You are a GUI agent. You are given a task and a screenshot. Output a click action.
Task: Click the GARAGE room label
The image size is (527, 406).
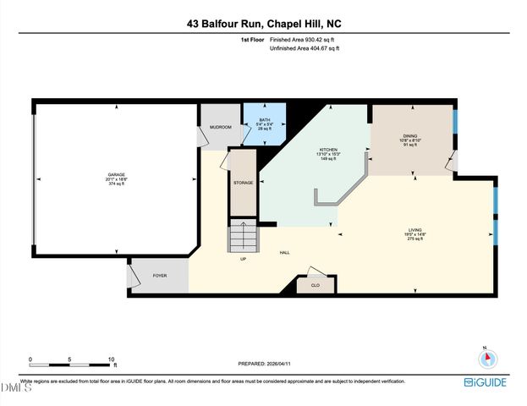pyautogui.click(x=116, y=175)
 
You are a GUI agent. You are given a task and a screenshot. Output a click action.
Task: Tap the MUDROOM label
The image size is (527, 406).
pyautogui.click(x=221, y=128)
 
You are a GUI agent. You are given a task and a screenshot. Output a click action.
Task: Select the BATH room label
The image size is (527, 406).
pyautogui.click(x=265, y=120)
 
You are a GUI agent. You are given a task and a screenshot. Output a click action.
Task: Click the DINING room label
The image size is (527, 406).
pyautogui.click(x=409, y=136)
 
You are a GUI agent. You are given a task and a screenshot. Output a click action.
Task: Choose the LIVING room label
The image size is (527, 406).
pyautogui.click(x=415, y=229)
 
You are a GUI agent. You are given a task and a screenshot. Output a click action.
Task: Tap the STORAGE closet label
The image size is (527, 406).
pyautogui.click(x=244, y=181)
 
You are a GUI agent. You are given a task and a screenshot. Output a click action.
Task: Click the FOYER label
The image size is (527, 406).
pyautogui.click(x=159, y=276)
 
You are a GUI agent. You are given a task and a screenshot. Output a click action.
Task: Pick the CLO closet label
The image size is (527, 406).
pyautogui.click(x=315, y=286)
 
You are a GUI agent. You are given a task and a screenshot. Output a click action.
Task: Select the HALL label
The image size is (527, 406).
pyautogui.click(x=286, y=253)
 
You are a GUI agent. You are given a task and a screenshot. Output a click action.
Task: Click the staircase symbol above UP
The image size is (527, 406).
pyautogui.click(x=241, y=236)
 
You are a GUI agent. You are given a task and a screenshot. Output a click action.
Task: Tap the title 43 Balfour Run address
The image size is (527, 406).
pyautogui.click(x=263, y=25)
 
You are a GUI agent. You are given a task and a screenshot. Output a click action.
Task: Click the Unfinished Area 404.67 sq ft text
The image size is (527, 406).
pyautogui.click(x=305, y=49)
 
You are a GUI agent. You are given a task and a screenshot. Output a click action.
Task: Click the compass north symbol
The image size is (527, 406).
pyautogui.click(x=486, y=358)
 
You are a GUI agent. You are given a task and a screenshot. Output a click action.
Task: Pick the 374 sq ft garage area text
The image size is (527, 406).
pyautogui.click(x=116, y=184)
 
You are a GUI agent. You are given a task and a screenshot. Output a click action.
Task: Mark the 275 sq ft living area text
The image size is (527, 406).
pyautogui.click(x=415, y=239)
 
